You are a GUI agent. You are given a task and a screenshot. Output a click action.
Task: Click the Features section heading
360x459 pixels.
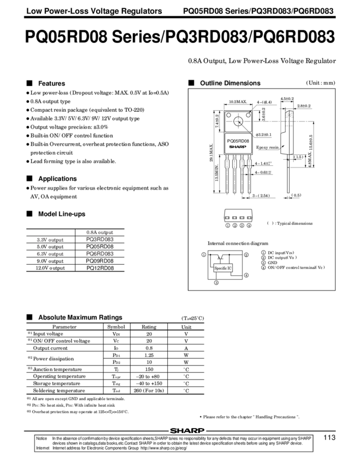(51, 84)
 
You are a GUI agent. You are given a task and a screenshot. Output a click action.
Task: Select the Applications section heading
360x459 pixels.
(57, 178)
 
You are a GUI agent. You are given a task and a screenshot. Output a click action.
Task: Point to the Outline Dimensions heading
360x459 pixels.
(229, 83)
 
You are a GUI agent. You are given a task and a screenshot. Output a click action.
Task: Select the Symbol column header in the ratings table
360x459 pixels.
(116, 327)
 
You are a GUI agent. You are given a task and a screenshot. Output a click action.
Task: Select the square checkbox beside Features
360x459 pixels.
(29, 84)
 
